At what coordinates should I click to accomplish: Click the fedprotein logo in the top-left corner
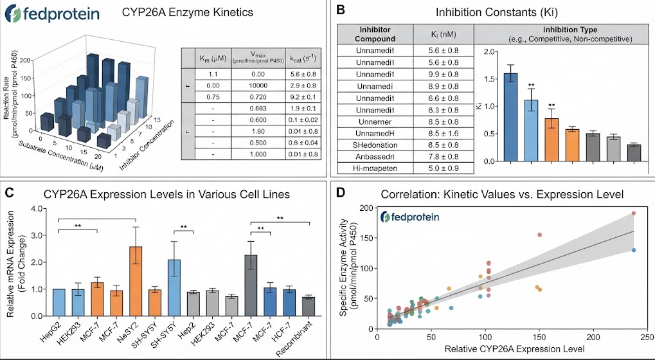coord(52,14)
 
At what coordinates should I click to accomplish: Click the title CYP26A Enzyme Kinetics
coord(188,12)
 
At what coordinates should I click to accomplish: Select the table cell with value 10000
coord(258,85)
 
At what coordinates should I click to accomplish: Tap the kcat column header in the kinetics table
coord(303,59)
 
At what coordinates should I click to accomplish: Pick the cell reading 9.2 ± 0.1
coord(303,97)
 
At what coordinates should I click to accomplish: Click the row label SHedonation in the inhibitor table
coord(375,145)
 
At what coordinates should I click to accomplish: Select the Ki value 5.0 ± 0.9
coord(444,168)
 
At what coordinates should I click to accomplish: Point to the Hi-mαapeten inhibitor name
coord(375,168)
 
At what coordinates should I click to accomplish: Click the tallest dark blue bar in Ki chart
coord(510,117)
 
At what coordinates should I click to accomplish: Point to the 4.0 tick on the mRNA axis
coord(39,208)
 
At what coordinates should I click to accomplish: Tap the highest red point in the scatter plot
coord(634,213)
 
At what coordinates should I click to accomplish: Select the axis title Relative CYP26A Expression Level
coord(514,349)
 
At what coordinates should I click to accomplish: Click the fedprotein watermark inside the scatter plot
coord(410,217)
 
